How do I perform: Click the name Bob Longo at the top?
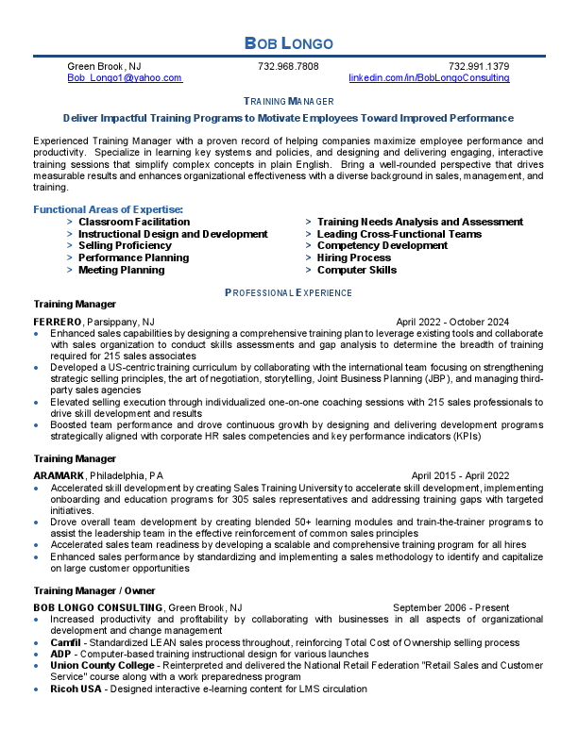[288, 42]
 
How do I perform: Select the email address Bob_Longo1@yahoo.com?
[125, 79]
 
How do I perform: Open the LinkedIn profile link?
[429, 79]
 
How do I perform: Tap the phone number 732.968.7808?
[288, 67]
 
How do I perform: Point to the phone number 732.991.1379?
[479, 67]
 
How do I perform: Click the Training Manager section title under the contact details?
[288, 101]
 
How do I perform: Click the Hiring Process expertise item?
[353, 257]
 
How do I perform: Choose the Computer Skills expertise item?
[356, 270]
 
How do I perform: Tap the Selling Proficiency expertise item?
[125, 245]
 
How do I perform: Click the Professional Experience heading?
[288, 293]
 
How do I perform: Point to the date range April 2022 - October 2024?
[452, 322]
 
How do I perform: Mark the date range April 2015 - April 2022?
[460, 475]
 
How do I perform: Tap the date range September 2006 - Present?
[450, 607]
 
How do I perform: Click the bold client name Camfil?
[67, 642]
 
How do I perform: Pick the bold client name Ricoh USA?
[75, 689]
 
